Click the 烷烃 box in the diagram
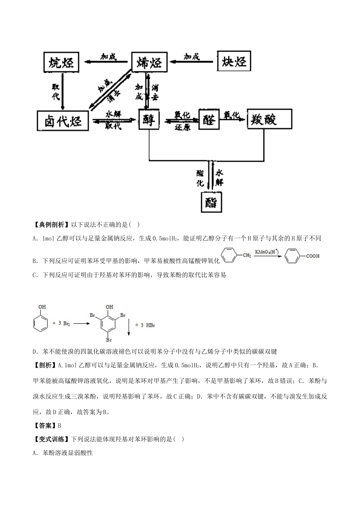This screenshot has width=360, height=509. tap(61, 62)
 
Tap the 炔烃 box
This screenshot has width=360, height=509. tap(234, 61)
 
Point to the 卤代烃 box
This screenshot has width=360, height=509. tap(63, 121)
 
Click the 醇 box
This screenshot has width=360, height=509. tap(149, 120)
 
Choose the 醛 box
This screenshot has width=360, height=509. tap(209, 120)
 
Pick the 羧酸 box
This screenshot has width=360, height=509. tap(269, 119)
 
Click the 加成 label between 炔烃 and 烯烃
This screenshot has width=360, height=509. tap(192, 56)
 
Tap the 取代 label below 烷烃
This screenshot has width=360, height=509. tap(56, 92)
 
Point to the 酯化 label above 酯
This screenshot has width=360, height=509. tap(200, 178)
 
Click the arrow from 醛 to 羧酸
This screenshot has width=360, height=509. tap(233, 119)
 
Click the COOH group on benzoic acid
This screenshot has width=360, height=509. tap(313, 256)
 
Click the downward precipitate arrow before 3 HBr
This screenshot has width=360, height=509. tap(129, 328)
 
